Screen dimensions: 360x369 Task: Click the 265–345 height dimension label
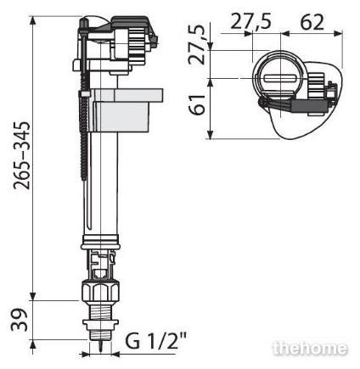coord(22,155)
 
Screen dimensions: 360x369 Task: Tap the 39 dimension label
coord(20,320)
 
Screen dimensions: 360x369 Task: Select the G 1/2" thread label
coord(156,341)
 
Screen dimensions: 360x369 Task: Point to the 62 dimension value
coord(312,22)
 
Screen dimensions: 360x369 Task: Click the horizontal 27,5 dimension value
coord(250,21)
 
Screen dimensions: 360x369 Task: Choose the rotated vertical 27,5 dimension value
coord(197,45)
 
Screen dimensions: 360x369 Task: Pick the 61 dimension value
coord(197,105)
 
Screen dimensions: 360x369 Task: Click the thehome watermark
coord(310,348)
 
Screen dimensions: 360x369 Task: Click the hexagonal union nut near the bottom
coord(100,291)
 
